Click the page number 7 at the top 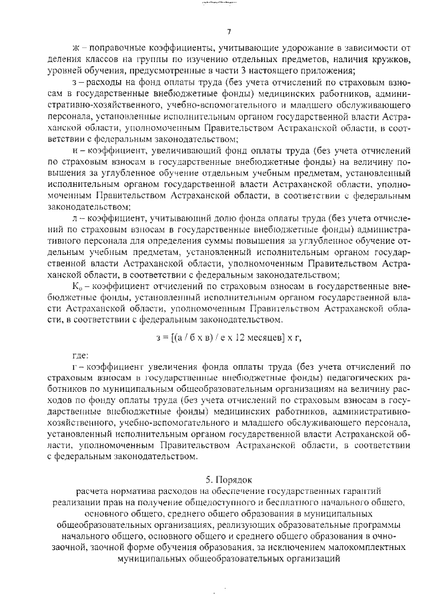click(228, 31)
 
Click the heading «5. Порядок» click(228, 479)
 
